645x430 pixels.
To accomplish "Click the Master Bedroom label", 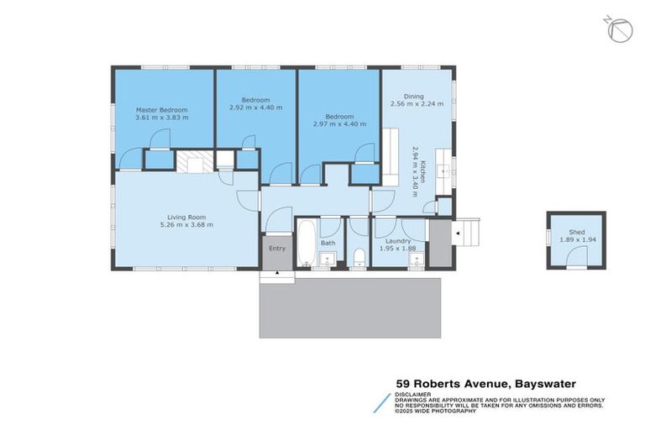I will (162, 110).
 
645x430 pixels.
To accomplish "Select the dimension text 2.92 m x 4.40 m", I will (255, 107).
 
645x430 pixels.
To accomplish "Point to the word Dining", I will (413, 97).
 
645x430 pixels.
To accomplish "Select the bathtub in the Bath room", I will (307, 241).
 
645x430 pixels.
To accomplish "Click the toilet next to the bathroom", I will (359, 256).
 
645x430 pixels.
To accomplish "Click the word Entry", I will (276, 249).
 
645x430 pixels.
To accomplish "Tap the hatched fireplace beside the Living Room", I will (190, 161).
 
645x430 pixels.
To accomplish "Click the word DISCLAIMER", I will (414, 393).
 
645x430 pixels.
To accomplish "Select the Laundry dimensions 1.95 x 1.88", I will (398, 248).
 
